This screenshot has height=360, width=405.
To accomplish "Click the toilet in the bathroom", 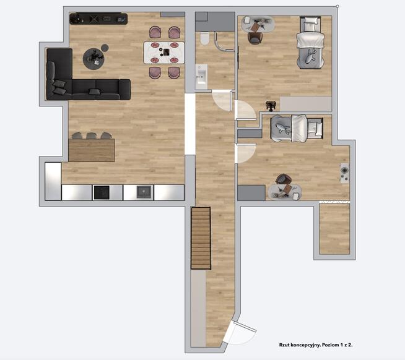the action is [x=205, y=38].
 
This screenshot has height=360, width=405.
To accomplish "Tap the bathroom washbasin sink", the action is [x=201, y=76].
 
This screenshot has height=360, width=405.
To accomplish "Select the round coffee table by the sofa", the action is [x=94, y=59].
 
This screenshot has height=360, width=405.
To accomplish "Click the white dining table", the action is [x=164, y=53].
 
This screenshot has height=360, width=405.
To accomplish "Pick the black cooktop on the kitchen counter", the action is [x=102, y=192].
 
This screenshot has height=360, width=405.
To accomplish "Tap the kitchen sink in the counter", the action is [x=144, y=192].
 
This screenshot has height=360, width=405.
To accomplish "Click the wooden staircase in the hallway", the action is [x=201, y=238].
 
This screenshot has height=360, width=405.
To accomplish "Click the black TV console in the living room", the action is [x=98, y=19].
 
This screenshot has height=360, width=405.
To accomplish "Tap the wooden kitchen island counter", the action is [x=92, y=150].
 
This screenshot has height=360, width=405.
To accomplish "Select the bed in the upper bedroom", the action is [x=310, y=43].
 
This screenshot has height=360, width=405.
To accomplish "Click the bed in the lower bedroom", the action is [x=297, y=129].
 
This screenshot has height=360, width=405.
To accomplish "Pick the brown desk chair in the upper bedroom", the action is [x=255, y=38].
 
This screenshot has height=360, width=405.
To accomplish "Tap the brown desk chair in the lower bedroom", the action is [x=284, y=179].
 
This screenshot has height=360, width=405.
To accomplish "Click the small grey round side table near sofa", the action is [x=105, y=48].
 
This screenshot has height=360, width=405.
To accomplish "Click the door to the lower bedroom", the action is [x=245, y=153].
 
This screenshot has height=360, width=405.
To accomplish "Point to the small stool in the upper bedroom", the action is [x=271, y=106].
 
